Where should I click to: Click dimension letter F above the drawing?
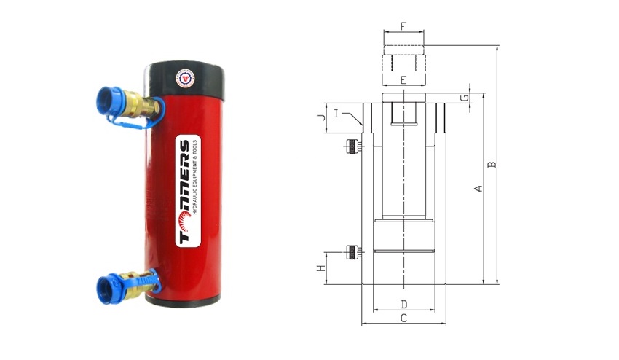coord(403,26)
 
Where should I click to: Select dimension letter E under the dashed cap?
coord(403,80)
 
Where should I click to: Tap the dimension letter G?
coord(465,97)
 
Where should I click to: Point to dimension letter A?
coord(478,189)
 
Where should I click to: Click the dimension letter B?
coord(492,165)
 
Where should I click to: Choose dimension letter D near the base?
coord(404,305)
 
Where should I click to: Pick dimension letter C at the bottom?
coord(403,318)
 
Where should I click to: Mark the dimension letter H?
coord(321,268)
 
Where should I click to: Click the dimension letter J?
coord(321,117)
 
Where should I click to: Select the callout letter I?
coord(336,114)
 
